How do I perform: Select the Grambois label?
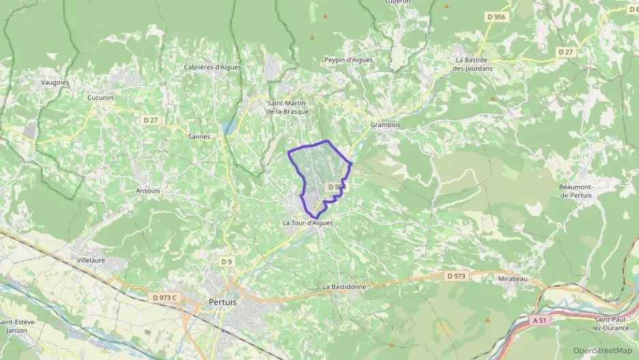click(x=385, y=125)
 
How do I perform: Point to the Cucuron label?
click(x=100, y=98)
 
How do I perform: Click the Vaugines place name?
click(x=55, y=82)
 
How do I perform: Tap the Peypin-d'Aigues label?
click(x=349, y=60)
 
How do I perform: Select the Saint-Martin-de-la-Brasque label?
click(x=287, y=107)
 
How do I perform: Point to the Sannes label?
click(x=199, y=137)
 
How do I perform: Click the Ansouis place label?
click(x=148, y=191)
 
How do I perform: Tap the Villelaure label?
click(x=94, y=260)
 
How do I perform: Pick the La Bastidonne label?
click(x=344, y=287)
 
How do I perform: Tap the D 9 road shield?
click(x=227, y=262)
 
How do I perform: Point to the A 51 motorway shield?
click(x=541, y=318)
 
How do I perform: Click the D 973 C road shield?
click(x=165, y=297)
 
